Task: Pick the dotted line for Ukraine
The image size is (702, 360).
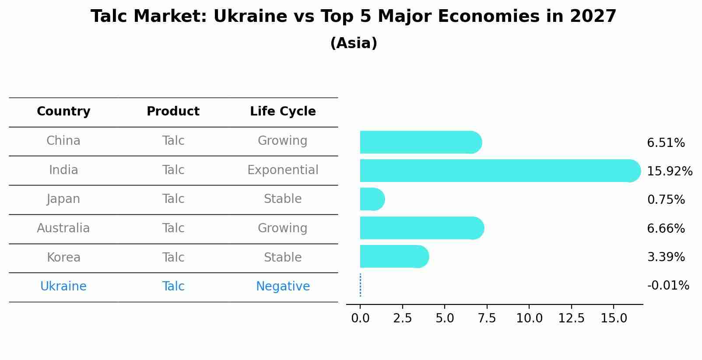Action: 360,285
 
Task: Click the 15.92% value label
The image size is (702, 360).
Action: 669,171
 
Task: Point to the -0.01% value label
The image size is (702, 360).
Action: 668,286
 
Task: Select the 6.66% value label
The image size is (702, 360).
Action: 666,228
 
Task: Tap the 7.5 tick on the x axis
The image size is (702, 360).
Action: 487,318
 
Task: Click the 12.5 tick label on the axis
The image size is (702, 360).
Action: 571,318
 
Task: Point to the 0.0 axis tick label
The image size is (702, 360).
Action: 360,318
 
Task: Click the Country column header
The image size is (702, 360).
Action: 63,112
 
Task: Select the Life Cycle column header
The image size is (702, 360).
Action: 283,112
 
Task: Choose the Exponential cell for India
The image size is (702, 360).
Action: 283,170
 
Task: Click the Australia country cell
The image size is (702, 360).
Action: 63,228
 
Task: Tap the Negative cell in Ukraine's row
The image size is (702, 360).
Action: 283,287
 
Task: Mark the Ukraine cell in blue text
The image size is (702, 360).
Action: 63,287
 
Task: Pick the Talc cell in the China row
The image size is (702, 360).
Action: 173,141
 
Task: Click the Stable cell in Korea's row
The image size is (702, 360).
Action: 283,258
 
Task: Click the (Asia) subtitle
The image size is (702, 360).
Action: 354,43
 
